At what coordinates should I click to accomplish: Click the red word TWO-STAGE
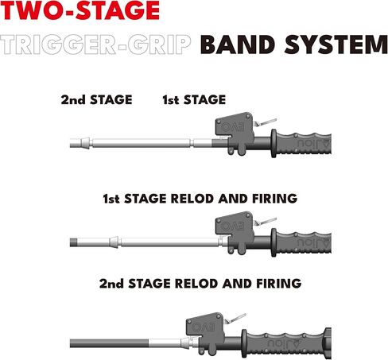click(x=80, y=10)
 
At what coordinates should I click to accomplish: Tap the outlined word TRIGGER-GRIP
click(x=95, y=45)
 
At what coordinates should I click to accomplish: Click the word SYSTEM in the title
click(x=336, y=45)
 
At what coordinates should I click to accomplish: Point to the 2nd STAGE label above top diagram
click(x=96, y=100)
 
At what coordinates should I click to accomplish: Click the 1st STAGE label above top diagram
click(x=194, y=100)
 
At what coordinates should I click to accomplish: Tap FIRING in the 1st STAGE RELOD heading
click(x=274, y=199)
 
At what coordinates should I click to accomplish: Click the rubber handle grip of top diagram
click(x=301, y=143)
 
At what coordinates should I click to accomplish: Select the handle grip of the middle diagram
click(x=301, y=242)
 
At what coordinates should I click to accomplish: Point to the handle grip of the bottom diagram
click(x=286, y=343)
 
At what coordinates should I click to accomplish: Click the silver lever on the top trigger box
click(x=266, y=122)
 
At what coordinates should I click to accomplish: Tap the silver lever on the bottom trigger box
click(x=235, y=318)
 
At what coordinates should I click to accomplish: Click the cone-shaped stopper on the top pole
click(x=85, y=143)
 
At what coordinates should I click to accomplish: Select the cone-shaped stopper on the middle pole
click(x=114, y=242)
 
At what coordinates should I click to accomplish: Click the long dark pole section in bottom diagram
click(x=109, y=343)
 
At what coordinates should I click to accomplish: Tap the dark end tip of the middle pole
click(x=73, y=242)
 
